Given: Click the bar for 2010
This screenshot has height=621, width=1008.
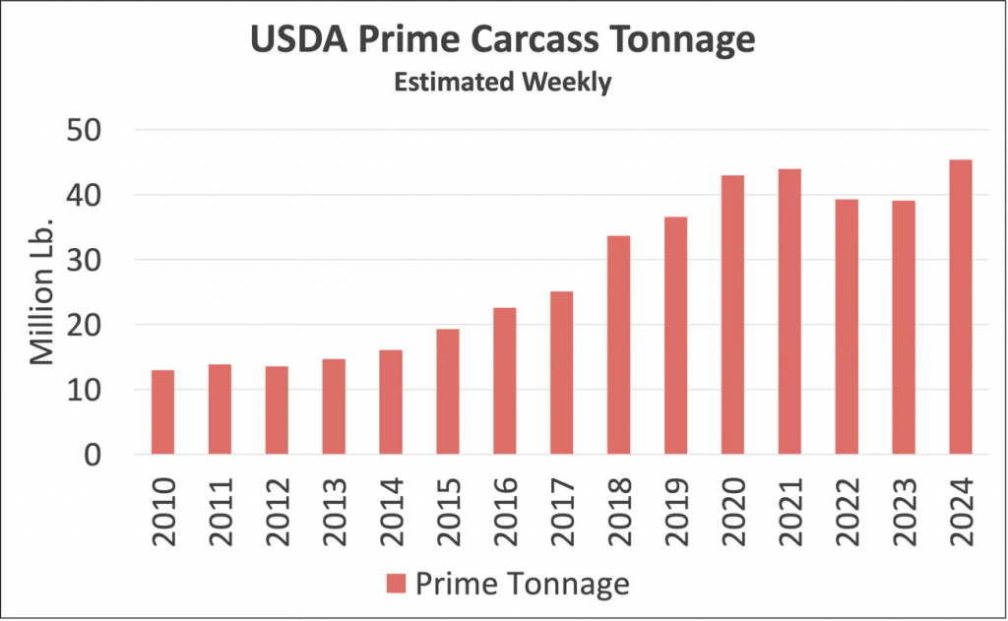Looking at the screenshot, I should point(162,412).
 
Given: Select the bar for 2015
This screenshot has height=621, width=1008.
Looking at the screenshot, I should point(448,392).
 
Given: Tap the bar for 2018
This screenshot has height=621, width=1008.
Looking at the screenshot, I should point(619,345).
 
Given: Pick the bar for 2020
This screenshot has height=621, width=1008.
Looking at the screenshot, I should point(732,315).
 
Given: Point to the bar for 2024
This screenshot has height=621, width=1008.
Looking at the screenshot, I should point(961,307).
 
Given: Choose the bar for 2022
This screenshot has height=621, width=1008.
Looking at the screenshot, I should point(847,327).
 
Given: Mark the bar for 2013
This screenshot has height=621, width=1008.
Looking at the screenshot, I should point(334,406).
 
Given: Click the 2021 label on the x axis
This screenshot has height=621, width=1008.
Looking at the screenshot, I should point(790,513).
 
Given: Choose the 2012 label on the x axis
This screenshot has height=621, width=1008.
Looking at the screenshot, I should point(278,513).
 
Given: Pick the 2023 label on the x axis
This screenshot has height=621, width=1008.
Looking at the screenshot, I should point(905,513).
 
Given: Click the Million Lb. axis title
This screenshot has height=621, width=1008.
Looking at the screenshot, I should point(42,293).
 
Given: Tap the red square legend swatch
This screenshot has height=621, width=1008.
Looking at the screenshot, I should point(394,585).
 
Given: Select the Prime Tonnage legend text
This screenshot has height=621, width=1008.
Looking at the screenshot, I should point(522,585).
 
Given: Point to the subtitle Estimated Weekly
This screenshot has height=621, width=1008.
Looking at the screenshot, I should point(503,82).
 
